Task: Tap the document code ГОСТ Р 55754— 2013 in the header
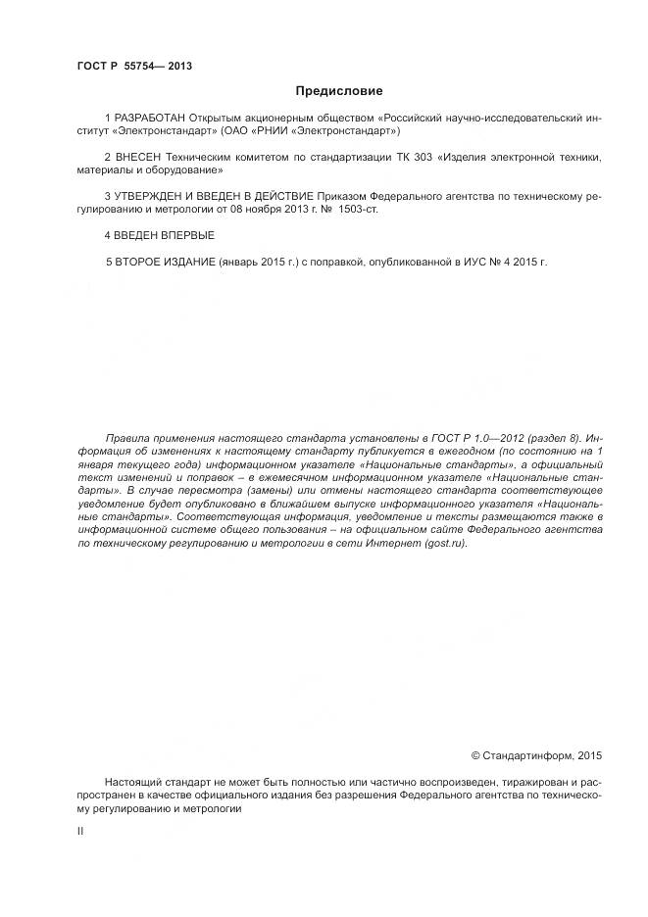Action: pyautogui.click(x=133, y=66)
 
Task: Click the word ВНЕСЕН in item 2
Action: pyautogui.click(x=138, y=157)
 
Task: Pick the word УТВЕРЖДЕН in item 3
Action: pyautogui.click(x=154, y=196)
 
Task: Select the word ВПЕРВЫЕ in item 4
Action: pyautogui.click(x=183, y=236)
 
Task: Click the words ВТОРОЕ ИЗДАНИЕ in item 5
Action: pyautogui.click(x=163, y=263)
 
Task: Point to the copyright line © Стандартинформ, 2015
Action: pyautogui.click(x=536, y=755)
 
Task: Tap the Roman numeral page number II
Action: pyautogui.click(x=80, y=831)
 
